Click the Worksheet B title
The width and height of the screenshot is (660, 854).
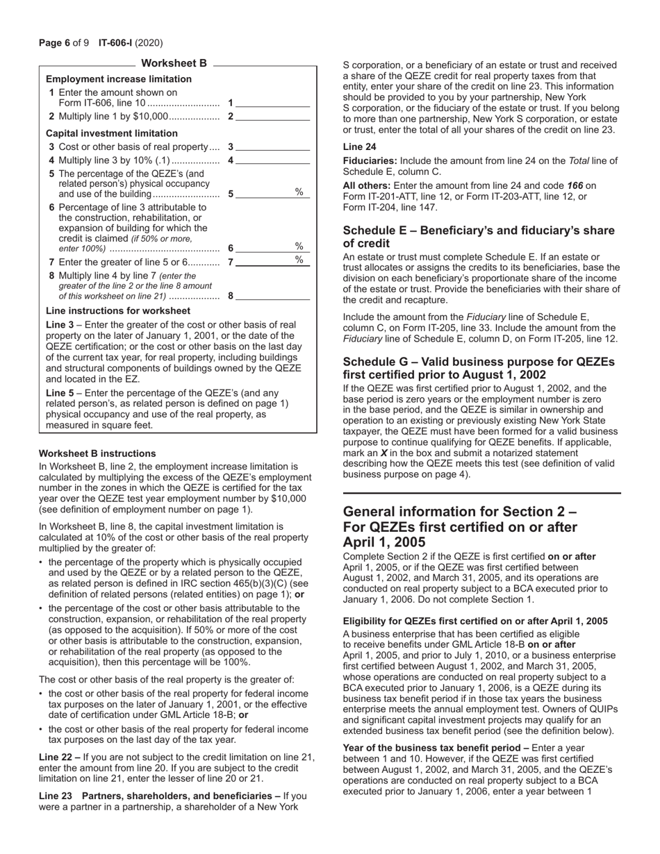pos(174,64)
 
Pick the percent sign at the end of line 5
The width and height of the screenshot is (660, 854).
pos(299,192)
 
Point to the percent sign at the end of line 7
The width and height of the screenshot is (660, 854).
pos(299,260)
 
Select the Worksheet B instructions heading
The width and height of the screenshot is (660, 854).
pos(97,453)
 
